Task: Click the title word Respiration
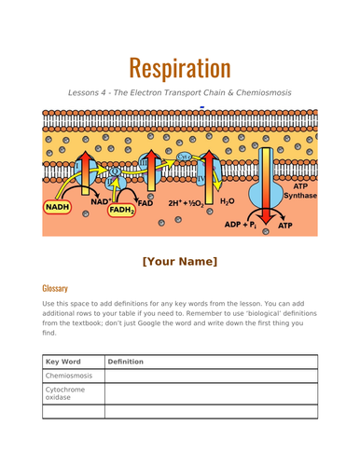click(179, 67)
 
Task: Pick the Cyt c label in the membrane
click(184, 157)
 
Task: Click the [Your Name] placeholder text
click(179, 261)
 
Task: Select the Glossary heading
click(55, 288)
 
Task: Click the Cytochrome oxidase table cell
click(67, 394)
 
